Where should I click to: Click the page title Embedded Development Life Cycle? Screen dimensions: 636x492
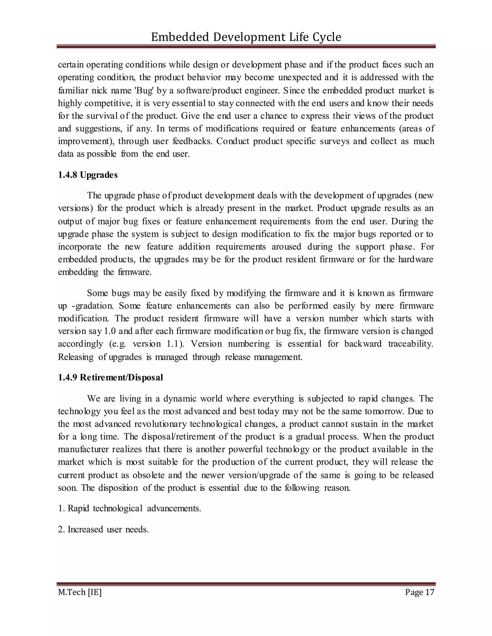[246, 37]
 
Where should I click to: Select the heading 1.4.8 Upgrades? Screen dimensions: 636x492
[88, 175]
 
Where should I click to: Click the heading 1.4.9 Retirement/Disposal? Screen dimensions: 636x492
[111, 378]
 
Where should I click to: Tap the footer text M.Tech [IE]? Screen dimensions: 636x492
[80, 592]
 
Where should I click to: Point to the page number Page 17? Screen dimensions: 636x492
[419, 592]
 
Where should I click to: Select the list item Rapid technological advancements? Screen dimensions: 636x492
[134, 509]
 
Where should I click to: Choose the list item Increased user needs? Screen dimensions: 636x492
[108, 529]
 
